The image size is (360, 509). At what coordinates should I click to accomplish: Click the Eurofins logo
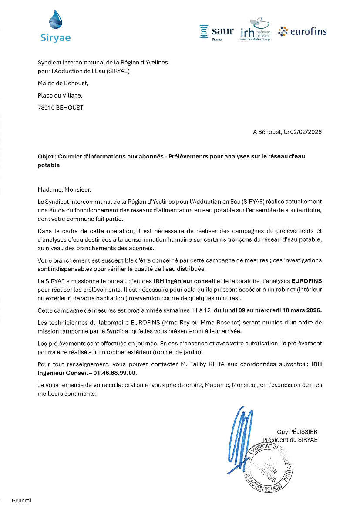click(x=302, y=31)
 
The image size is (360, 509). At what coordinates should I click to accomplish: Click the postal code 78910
click(x=47, y=107)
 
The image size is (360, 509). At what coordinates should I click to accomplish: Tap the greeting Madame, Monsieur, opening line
click(x=65, y=189)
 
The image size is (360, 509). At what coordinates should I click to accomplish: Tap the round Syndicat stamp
click(x=269, y=468)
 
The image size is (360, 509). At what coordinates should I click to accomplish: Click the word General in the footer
click(x=21, y=500)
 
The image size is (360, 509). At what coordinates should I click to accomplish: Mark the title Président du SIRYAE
click(x=290, y=440)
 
